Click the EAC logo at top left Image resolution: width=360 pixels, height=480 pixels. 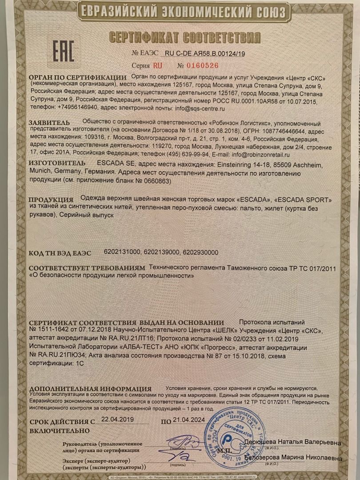tap(63, 52)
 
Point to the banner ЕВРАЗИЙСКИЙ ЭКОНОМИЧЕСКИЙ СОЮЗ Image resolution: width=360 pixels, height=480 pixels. tap(181, 12)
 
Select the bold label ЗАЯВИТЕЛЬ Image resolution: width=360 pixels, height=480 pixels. tap(49, 122)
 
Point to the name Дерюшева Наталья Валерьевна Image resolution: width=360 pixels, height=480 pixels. tap(292, 443)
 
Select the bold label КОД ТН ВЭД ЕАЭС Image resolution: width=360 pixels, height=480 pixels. tap(60, 253)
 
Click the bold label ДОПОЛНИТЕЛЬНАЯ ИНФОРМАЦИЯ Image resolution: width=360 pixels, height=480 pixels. tap(90, 389)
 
